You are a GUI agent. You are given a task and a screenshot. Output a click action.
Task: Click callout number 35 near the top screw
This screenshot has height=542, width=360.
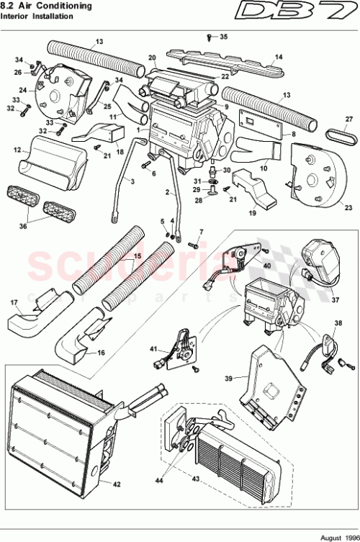click(222, 36)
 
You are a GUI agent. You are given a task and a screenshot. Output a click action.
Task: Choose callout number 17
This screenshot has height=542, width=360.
click(13, 302)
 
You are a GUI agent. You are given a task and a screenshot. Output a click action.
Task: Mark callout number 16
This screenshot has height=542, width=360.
click(101, 353)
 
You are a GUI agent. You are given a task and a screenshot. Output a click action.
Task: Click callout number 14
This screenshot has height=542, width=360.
click(279, 57)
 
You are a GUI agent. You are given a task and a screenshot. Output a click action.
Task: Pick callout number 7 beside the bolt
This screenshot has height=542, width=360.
click(201, 232)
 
